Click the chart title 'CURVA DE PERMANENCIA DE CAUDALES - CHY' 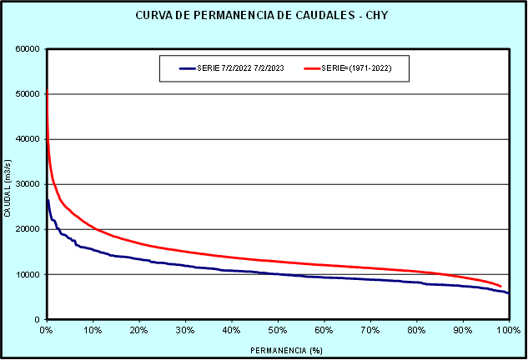click(x=264, y=16)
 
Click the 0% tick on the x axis click(x=47, y=331)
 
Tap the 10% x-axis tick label click(x=93, y=331)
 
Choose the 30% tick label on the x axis click(x=185, y=331)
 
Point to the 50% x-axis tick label click(x=278, y=331)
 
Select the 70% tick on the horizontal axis click(x=370, y=331)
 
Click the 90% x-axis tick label click(x=462, y=331)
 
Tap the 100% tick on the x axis click(x=507, y=331)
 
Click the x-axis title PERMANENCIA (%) click(x=277, y=350)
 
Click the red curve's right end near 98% click(x=500, y=286)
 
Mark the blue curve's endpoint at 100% click(x=508, y=293)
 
